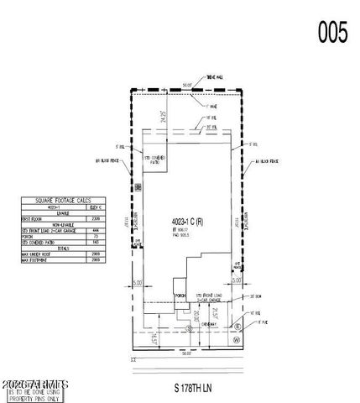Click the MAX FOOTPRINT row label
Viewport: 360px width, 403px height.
tap(35, 260)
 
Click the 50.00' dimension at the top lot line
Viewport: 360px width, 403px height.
tap(189, 85)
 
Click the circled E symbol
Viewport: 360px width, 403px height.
tap(237, 327)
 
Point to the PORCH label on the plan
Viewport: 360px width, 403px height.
tap(179, 295)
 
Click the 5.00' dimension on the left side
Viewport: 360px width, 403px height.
tap(137, 283)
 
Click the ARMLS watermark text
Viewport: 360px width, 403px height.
tap(35, 384)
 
